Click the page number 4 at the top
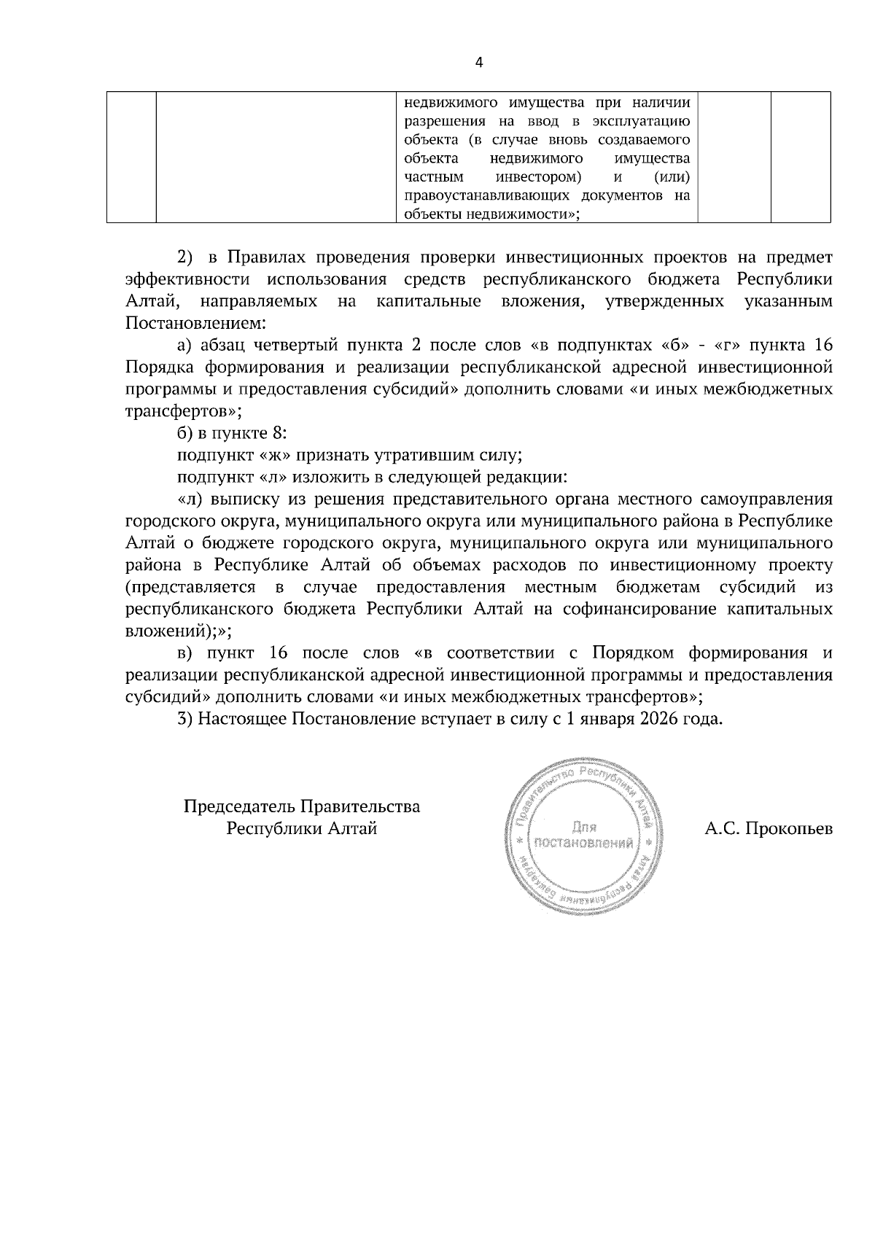(478, 62)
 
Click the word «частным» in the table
(434, 176)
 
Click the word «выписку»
(242, 500)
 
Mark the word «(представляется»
(190, 588)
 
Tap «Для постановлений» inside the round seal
(583, 836)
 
